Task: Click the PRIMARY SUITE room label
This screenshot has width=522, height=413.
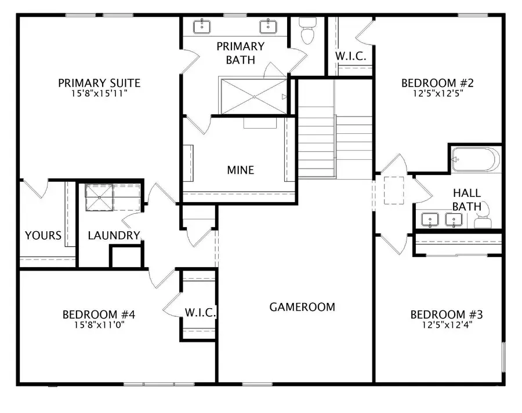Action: [x=99, y=83]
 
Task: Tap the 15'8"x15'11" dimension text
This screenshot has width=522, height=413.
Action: [x=99, y=93]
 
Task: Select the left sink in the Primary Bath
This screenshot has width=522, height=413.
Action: [x=202, y=25]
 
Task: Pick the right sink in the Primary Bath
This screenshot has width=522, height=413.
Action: [x=268, y=25]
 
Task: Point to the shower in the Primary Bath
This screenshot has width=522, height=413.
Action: [x=253, y=96]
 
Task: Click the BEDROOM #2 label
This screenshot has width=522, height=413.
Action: [x=432, y=83]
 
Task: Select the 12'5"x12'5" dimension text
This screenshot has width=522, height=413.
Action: [x=432, y=93]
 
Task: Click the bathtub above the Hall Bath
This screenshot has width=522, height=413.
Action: [x=475, y=158]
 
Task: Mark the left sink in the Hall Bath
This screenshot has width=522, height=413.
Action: [x=430, y=220]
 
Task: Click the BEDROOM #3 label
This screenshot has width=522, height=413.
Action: [x=447, y=315]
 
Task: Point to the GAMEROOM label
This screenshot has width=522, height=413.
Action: [x=302, y=307]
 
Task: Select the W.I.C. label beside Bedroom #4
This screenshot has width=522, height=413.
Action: [x=201, y=313]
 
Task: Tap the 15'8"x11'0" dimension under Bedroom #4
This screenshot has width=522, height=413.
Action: [x=99, y=325]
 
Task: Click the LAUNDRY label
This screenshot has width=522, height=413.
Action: [x=114, y=236]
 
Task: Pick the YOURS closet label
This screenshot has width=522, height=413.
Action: [x=43, y=236]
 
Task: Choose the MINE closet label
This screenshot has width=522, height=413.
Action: [x=240, y=170]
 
